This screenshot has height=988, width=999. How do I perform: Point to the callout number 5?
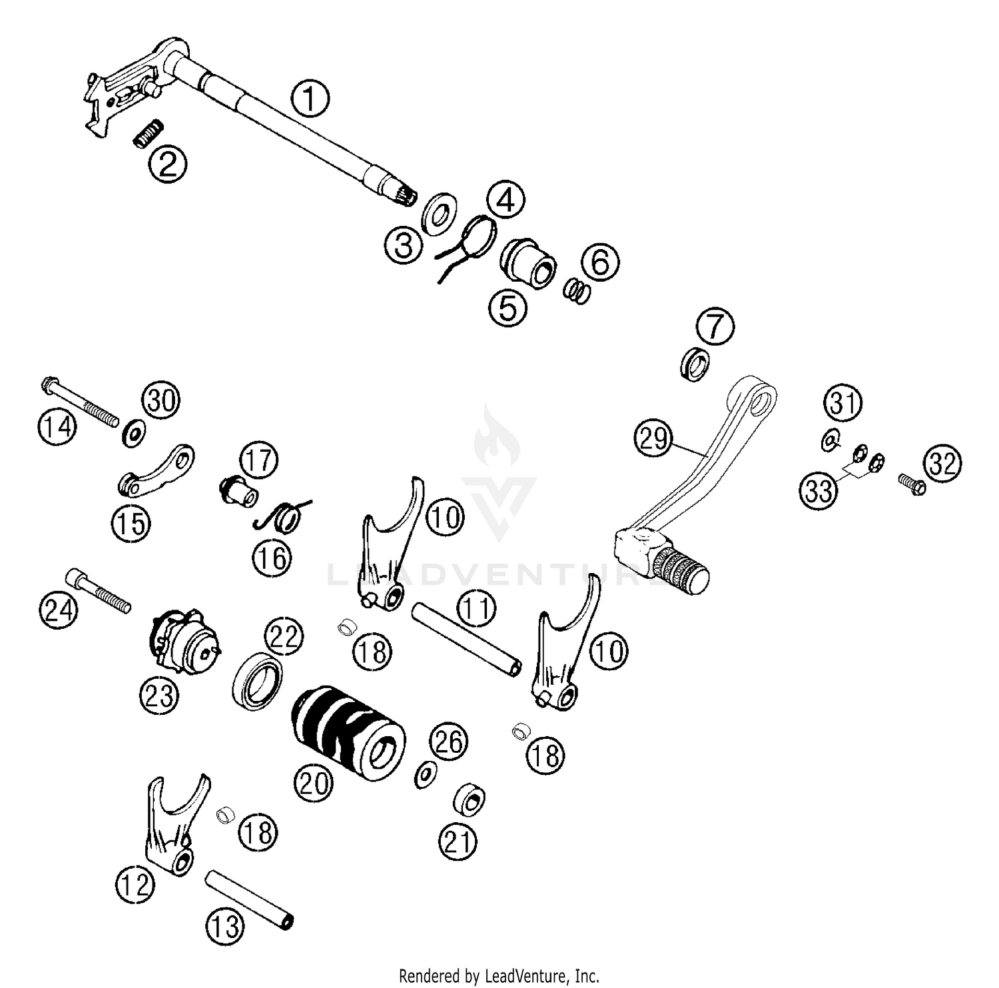[x=508, y=308]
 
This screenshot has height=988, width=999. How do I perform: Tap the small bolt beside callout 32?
[x=912, y=484]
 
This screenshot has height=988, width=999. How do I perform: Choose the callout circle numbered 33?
[x=819, y=491]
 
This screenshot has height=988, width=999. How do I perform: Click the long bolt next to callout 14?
[x=80, y=402]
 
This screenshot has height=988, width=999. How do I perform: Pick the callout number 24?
[x=58, y=610]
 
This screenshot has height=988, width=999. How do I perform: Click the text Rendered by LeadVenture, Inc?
[x=499, y=977]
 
